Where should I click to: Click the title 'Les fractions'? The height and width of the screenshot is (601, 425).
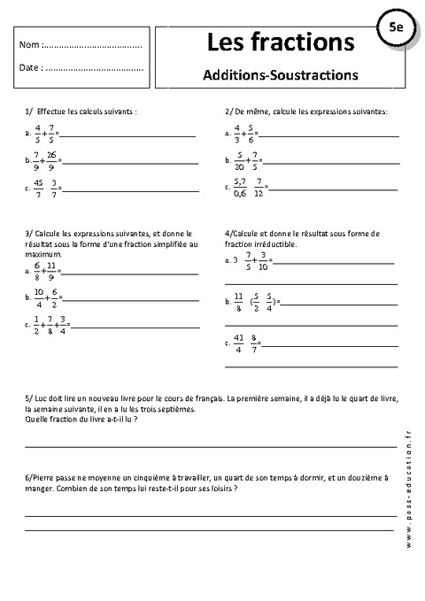click(280, 41)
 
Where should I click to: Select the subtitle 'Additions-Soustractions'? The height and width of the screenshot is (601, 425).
click(280, 74)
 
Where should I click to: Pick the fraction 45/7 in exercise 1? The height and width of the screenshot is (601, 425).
click(36, 187)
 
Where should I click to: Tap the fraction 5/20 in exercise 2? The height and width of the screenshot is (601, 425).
click(238, 160)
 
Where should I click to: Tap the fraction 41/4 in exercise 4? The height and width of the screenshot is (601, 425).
click(239, 341)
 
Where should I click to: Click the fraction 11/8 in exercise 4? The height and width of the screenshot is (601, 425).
click(238, 301)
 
